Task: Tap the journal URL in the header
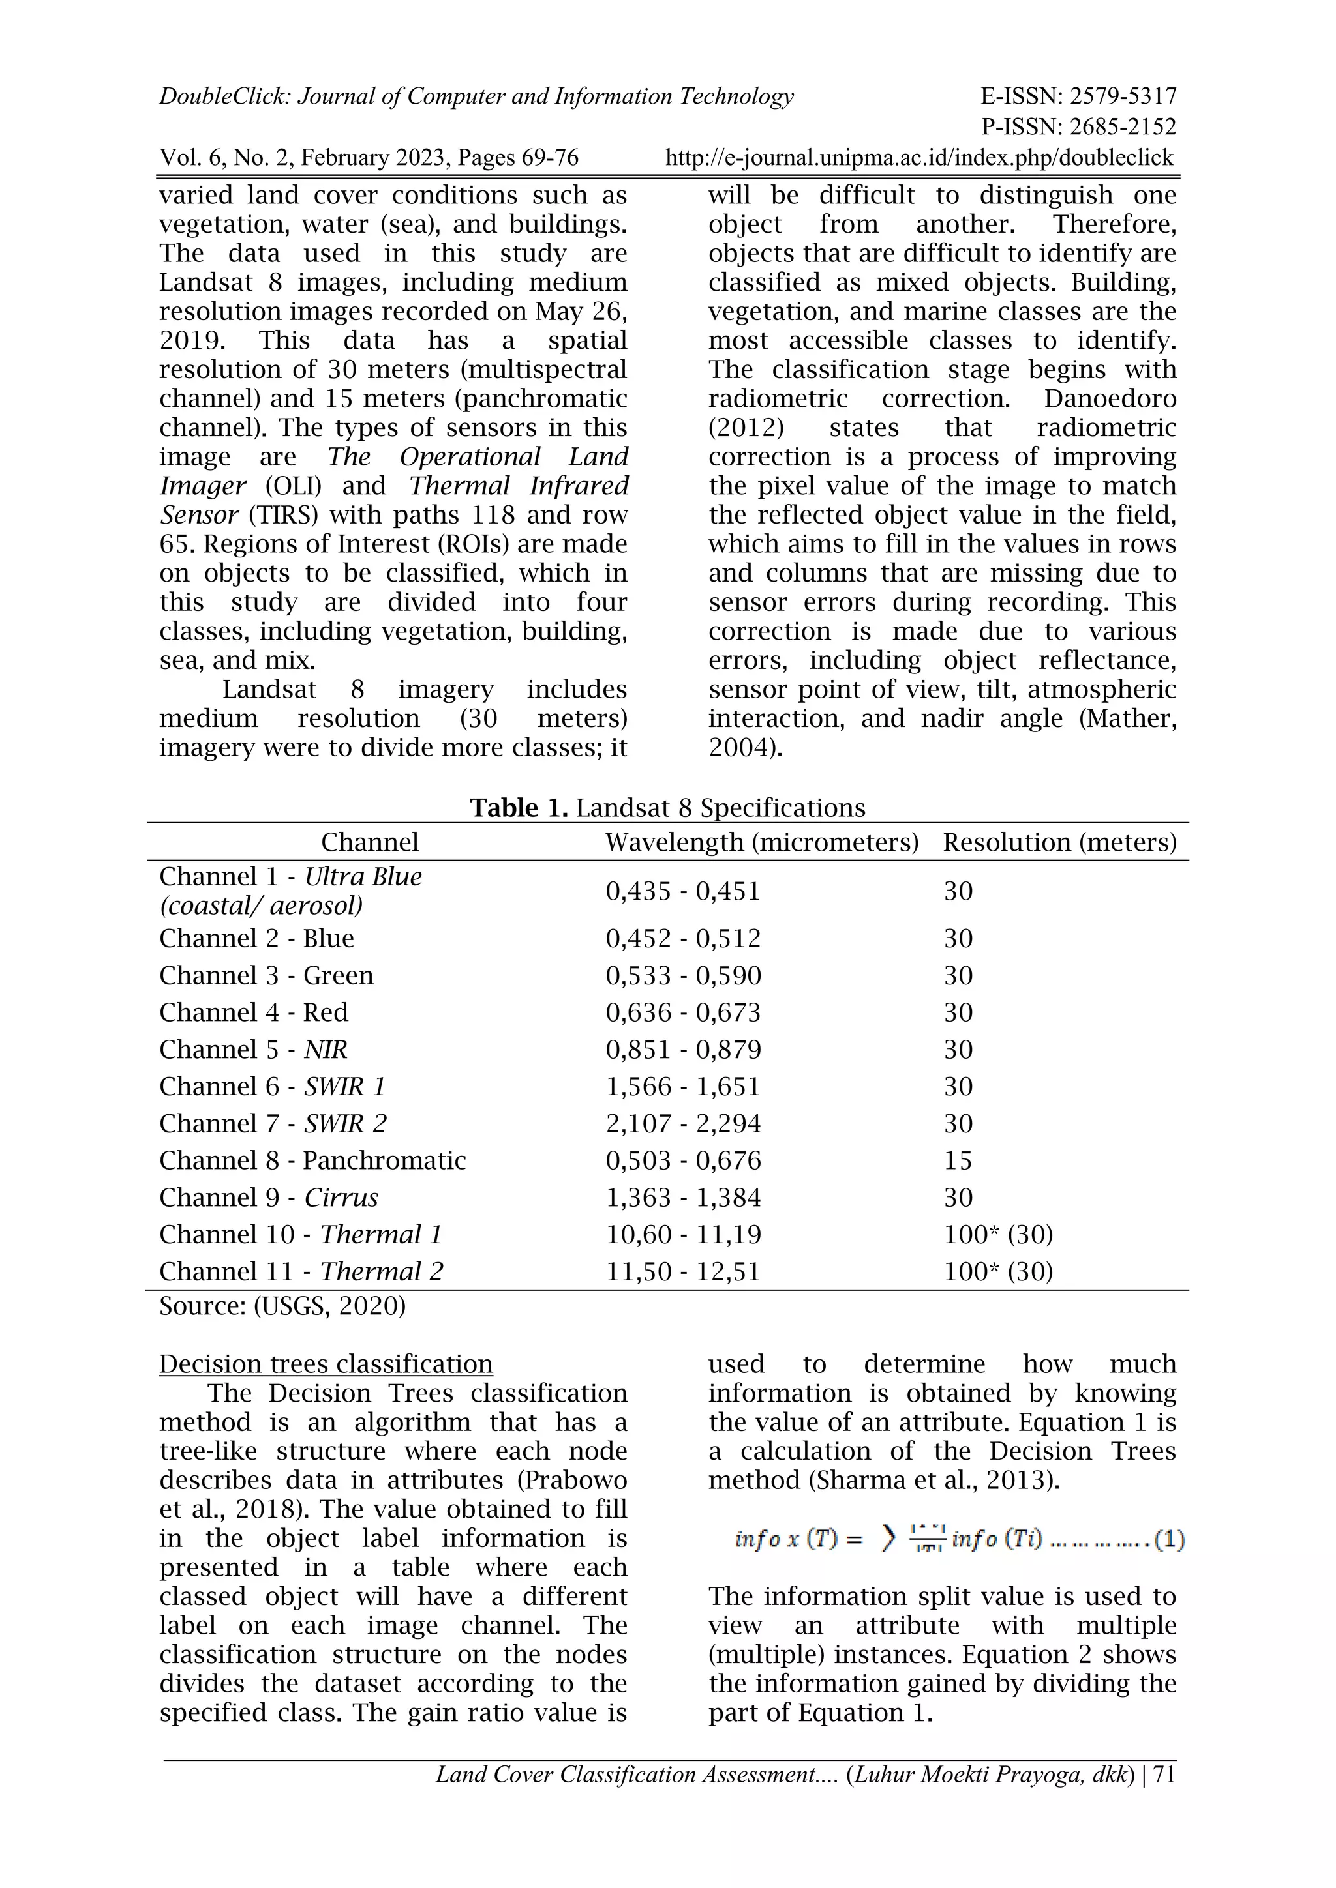(x=919, y=158)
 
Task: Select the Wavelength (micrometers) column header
(x=762, y=842)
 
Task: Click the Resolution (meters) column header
(x=1059, y=842)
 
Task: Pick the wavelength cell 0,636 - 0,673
(x=683, y=1012)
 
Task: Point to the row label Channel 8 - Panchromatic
(x=312, y=1160)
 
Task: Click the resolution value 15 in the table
(x=958, y=1160)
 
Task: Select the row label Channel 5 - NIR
(x=253, y=1049)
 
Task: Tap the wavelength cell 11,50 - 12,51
(x=683, y=1271)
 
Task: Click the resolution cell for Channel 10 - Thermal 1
(x=998, y=1234)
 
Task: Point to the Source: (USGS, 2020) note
(x=282, y=1306)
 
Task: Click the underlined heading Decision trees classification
(x=326, y=1364)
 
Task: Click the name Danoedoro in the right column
(x=1110, y=399)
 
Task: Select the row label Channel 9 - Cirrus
(x=269, y=1197)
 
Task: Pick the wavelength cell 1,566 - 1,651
(x=683, y=1086)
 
